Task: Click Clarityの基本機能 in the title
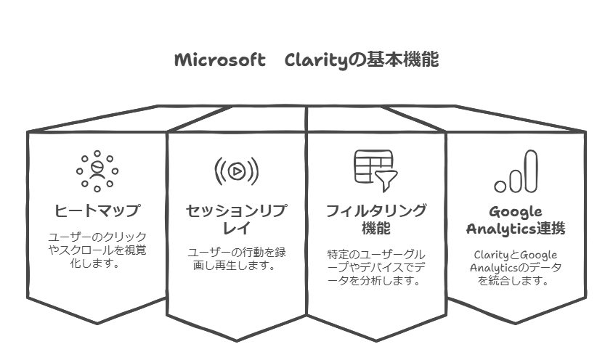click(x=362, y=60)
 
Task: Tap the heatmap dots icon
click(x=97, y=171)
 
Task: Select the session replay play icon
click(x=236, y=171)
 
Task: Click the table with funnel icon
click(x=375, y=168)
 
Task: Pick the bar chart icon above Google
click(x=515, y=173)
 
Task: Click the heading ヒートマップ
click(x=97, y=211)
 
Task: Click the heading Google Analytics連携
click(x=515, y=221)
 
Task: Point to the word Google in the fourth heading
click(x=515, y=212)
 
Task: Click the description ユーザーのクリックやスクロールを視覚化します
click(x=97, y=250)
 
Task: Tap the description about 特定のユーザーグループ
click(x=375, y=268)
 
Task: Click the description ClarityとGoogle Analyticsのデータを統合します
click(x=515, y=267)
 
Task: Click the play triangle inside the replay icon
click(x=237, y=172)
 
